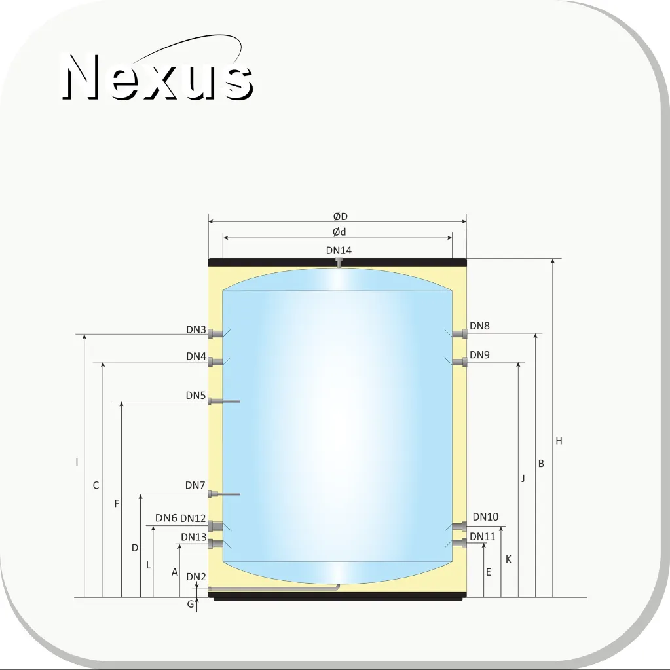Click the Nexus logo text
click(158, 77)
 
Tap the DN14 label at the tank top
click(339, 250)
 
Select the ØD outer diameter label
click(340, 217)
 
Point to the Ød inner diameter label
click(339, 232)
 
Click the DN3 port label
click(196, 329)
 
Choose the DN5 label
click(196, 395)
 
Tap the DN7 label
click(195, 485)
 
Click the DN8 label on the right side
click(479, 326)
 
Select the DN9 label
click(479, 355)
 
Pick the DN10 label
click(485, 517)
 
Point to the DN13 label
click(194, 536)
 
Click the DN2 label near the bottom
click(196, 576)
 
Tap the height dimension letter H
click(559, 441)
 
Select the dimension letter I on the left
click(77, 462)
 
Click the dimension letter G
click(191, 604)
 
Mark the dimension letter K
click(508, 559)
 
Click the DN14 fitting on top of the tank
click(339, 263)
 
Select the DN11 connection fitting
click(459, 543)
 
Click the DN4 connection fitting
click(215, 362)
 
